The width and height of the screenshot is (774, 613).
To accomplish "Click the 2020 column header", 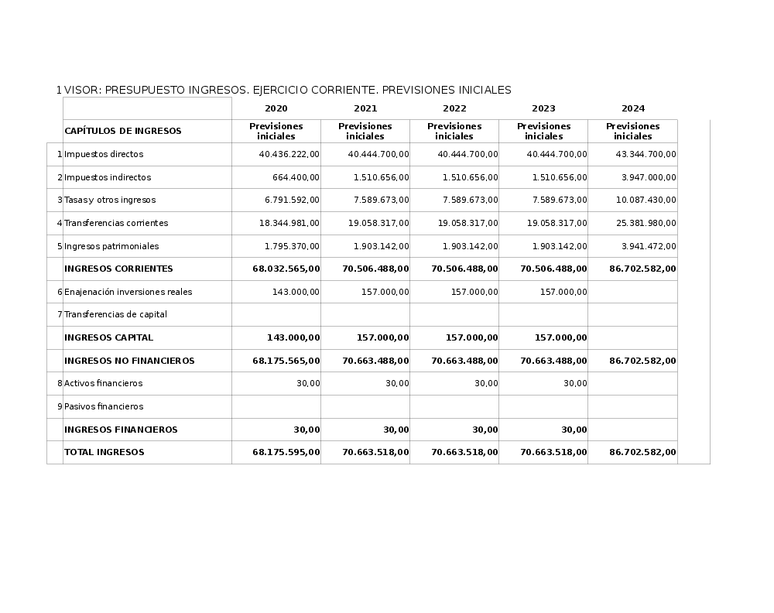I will pyautogui.click(x=276, y=108).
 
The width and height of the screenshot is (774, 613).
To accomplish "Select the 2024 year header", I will pyautogui.click(x=632, y=108).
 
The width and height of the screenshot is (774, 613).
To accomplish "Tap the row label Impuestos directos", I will pyautogui.click(x=104, y=154).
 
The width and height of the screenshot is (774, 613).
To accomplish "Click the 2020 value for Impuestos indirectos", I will pyautogui.click(x=296, y=177).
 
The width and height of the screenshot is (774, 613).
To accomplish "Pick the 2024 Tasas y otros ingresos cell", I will pyautogui.click(x=646, y=200).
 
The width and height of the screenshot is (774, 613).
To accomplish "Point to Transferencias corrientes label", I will pyautogui.click(x=116, y=223).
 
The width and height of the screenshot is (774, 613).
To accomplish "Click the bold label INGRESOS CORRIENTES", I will pyautogui.click(x=118, y=269).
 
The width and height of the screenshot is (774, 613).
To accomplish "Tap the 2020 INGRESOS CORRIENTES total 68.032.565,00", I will pyautogui.click(x=286, y=269).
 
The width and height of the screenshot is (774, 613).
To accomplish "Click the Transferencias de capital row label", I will pyautogui.click(x=115, y=314).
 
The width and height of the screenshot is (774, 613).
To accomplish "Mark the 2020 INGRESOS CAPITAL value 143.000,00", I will pyautogui.click(x=293, y=337).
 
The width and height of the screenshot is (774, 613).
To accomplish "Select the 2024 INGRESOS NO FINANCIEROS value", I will pyautogui.click(x=642, y=361).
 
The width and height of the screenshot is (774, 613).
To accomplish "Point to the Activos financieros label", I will pyautogui.click(x=104, y=383).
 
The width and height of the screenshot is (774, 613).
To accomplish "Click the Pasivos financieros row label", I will pyautogui.click(x=104, y=406).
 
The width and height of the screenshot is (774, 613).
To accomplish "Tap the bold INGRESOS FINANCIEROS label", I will pyautogui.click(x=121, y=430).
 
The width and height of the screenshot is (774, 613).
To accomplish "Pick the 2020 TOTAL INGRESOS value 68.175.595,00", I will pyautogui.click(x=286, y=452).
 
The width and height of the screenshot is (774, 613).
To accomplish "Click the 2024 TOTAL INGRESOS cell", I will pyautogui.click(x=642, y=452).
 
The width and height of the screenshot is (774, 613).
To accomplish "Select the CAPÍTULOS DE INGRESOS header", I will pyautogui.click(x=122, y=131).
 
